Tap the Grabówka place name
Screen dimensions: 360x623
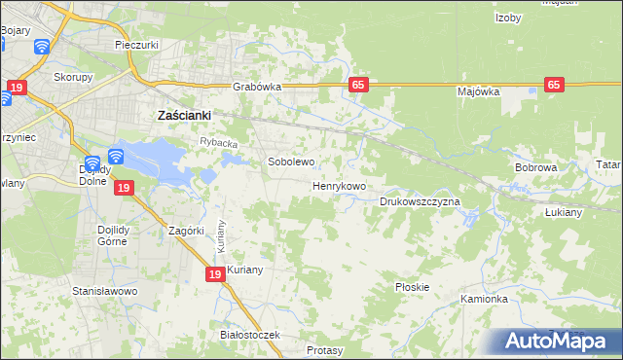(x=257, y=87)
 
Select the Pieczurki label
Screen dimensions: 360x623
(x=136, y=45)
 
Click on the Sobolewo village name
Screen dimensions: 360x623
(x=291, y=162)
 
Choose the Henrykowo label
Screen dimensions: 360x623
(x=339, y=186)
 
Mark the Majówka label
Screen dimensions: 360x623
(x=478, y=91)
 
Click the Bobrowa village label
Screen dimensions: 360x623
(x=535, y=167)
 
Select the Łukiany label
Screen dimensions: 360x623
(x=563, y=211)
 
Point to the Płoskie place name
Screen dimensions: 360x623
(x=413, y=287)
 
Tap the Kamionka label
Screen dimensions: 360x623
(x=485, y=299)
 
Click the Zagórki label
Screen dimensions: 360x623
(x=185, y=231)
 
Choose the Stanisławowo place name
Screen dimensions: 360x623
(x=105, y=291)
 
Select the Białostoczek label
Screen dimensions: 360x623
(x=250, y=335)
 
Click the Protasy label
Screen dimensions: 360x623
(x=325, y=349)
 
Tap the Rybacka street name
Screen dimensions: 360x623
(x=219, y=143)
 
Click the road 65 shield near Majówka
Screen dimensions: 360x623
(x=555, y=85)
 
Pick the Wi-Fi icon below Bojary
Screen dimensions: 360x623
(x=42, y=46)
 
